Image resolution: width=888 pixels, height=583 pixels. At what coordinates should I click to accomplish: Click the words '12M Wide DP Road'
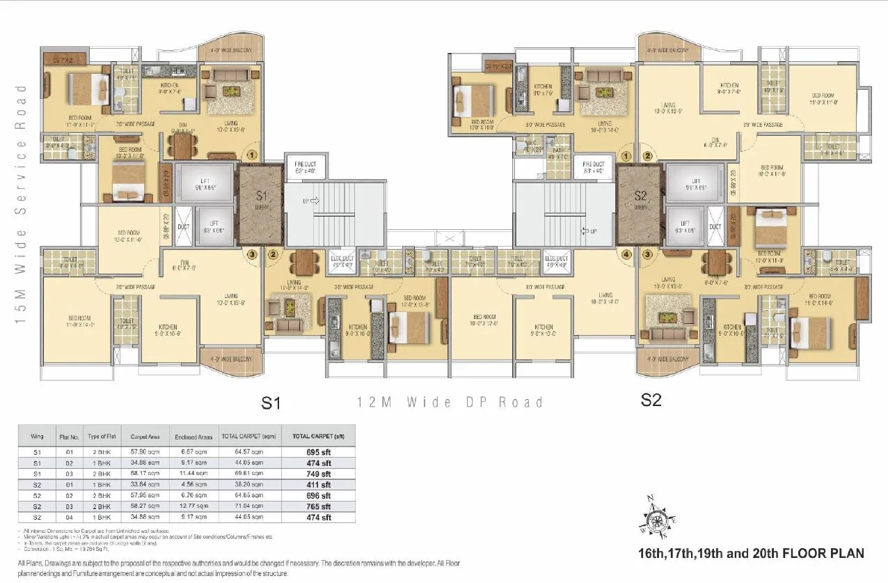(x=450, y=403)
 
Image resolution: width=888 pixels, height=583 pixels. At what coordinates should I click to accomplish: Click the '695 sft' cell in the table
(x=320, y=451)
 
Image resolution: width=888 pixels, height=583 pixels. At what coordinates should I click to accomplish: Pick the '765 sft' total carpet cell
(x=320, y=506)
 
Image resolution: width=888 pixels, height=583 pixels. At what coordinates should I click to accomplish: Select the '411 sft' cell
(x=320, y=484)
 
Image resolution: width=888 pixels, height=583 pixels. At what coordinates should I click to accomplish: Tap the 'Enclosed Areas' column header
(x=193, y=437)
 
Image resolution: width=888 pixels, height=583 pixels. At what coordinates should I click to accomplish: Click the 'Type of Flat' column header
(x=101, y=437)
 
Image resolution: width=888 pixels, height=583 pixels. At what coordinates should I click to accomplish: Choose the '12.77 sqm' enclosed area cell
(x=193, y=506)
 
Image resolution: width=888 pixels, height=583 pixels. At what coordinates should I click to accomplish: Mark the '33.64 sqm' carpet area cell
(x=145, y=484)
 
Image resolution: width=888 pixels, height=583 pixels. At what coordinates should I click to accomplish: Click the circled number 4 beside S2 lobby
(x=626, y=254)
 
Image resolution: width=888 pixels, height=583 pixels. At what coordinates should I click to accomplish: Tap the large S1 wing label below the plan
(x=271, y=402)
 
